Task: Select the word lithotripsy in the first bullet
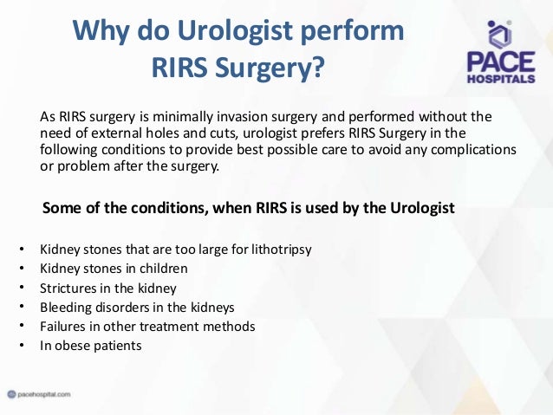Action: pos(280,250)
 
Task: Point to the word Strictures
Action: pos(68,288)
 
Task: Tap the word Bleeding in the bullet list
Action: pos(65,307)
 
